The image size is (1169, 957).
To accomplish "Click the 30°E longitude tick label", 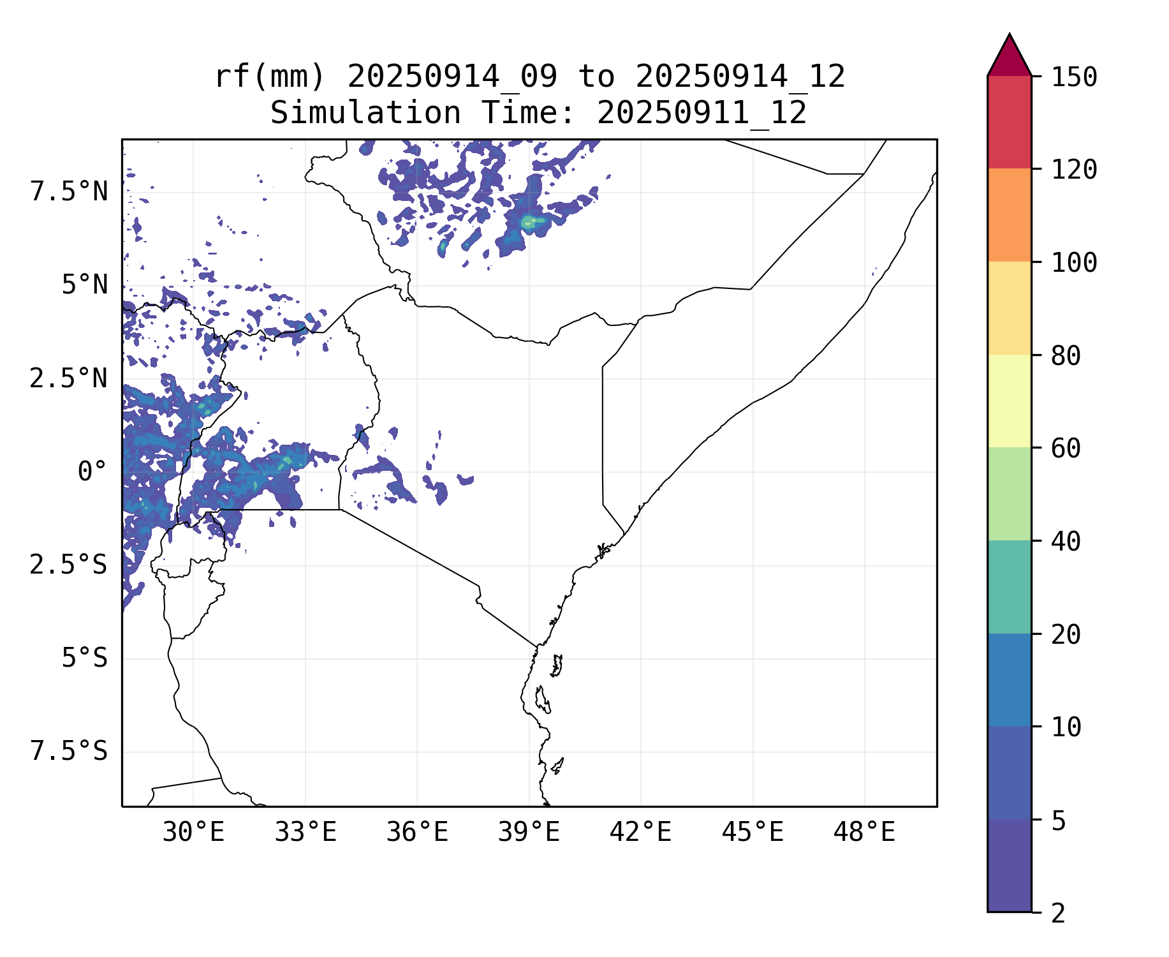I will (x=193, y=833).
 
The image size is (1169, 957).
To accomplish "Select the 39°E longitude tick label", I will (x=529, y=833).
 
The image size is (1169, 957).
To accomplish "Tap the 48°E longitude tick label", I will (x=864, y=833).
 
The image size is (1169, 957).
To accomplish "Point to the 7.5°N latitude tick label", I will (x=69, y=191).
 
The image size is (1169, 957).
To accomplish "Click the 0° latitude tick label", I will (x=92, y=472).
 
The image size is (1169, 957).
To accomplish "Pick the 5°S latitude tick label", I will (x=84, y=658).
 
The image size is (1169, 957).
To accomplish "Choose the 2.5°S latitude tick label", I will (x=68, y=565).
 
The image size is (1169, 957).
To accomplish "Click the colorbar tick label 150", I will (x=1074, y=77).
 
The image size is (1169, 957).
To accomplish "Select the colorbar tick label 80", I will (x=1066, y=356).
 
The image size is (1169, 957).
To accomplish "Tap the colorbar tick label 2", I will (x=1058, y=914).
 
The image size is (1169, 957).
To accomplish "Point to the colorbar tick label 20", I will (x=1066, y=635).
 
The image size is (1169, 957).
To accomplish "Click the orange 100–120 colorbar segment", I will (x=1009, y=215).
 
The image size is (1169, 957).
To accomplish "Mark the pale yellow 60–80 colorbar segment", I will (x=1009, y=401).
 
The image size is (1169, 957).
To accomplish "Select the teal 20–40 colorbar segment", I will (x=1009, y=587).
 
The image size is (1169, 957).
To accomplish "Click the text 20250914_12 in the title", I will (x=740, y=77).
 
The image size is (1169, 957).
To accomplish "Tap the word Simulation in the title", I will (x=365, y=114).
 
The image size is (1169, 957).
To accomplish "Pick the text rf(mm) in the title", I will (x=270, y=77).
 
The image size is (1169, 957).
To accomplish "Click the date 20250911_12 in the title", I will (x=702, y=114).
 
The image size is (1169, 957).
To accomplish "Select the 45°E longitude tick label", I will (x=753, y=833).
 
